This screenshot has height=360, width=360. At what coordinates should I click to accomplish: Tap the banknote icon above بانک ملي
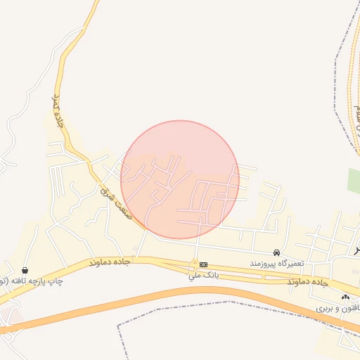203,264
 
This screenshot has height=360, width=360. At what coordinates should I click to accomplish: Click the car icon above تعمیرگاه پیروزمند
277,252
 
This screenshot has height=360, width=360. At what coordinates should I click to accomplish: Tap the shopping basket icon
25,270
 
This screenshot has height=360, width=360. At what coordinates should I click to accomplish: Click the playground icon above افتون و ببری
345,298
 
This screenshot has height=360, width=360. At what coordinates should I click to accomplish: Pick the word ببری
323,309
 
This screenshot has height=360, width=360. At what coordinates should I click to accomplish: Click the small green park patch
354,180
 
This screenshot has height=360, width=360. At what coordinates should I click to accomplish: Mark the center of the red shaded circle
180,179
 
